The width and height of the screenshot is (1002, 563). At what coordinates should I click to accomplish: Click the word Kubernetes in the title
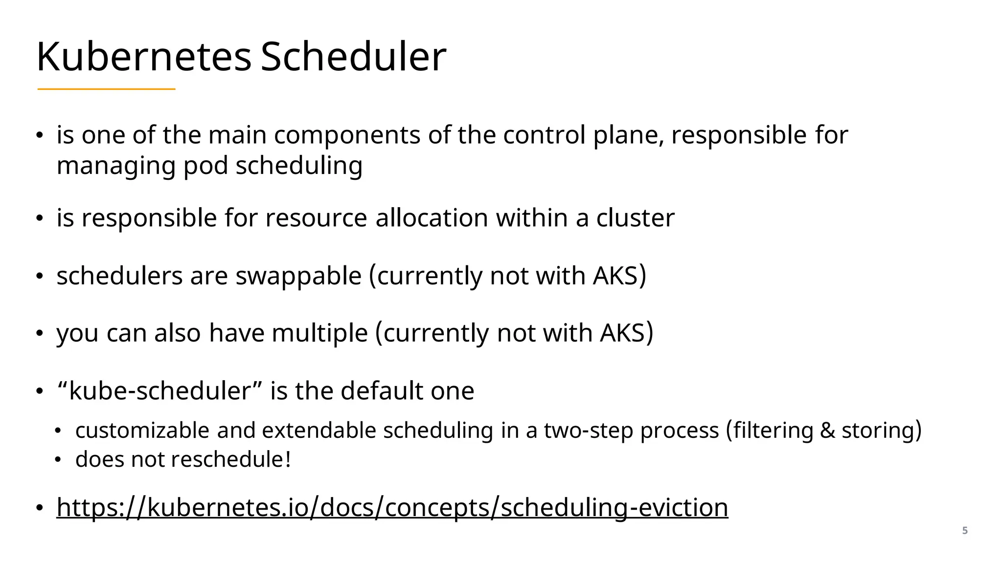click(143, 57)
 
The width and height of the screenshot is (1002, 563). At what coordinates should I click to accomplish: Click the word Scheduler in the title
click(353, 57)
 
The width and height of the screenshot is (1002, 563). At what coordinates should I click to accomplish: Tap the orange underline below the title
click(106, 89)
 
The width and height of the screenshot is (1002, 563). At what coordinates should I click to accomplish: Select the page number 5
click(965, 531)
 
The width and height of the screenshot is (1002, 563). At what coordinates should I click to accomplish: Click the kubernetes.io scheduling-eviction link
click(392, 507)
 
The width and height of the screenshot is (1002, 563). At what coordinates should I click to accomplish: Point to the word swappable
click(298, 276)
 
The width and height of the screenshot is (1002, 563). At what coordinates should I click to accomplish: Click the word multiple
click(319, 333)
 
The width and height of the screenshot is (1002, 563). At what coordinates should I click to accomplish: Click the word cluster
click(635, 218)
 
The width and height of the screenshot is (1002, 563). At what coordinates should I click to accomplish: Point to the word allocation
click(432, 218)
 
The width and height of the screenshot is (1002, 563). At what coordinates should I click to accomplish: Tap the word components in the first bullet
click(347, 135)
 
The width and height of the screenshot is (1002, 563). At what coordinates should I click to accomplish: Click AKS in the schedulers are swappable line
click(615, 276)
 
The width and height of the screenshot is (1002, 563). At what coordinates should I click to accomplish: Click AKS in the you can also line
click(622, 333)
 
